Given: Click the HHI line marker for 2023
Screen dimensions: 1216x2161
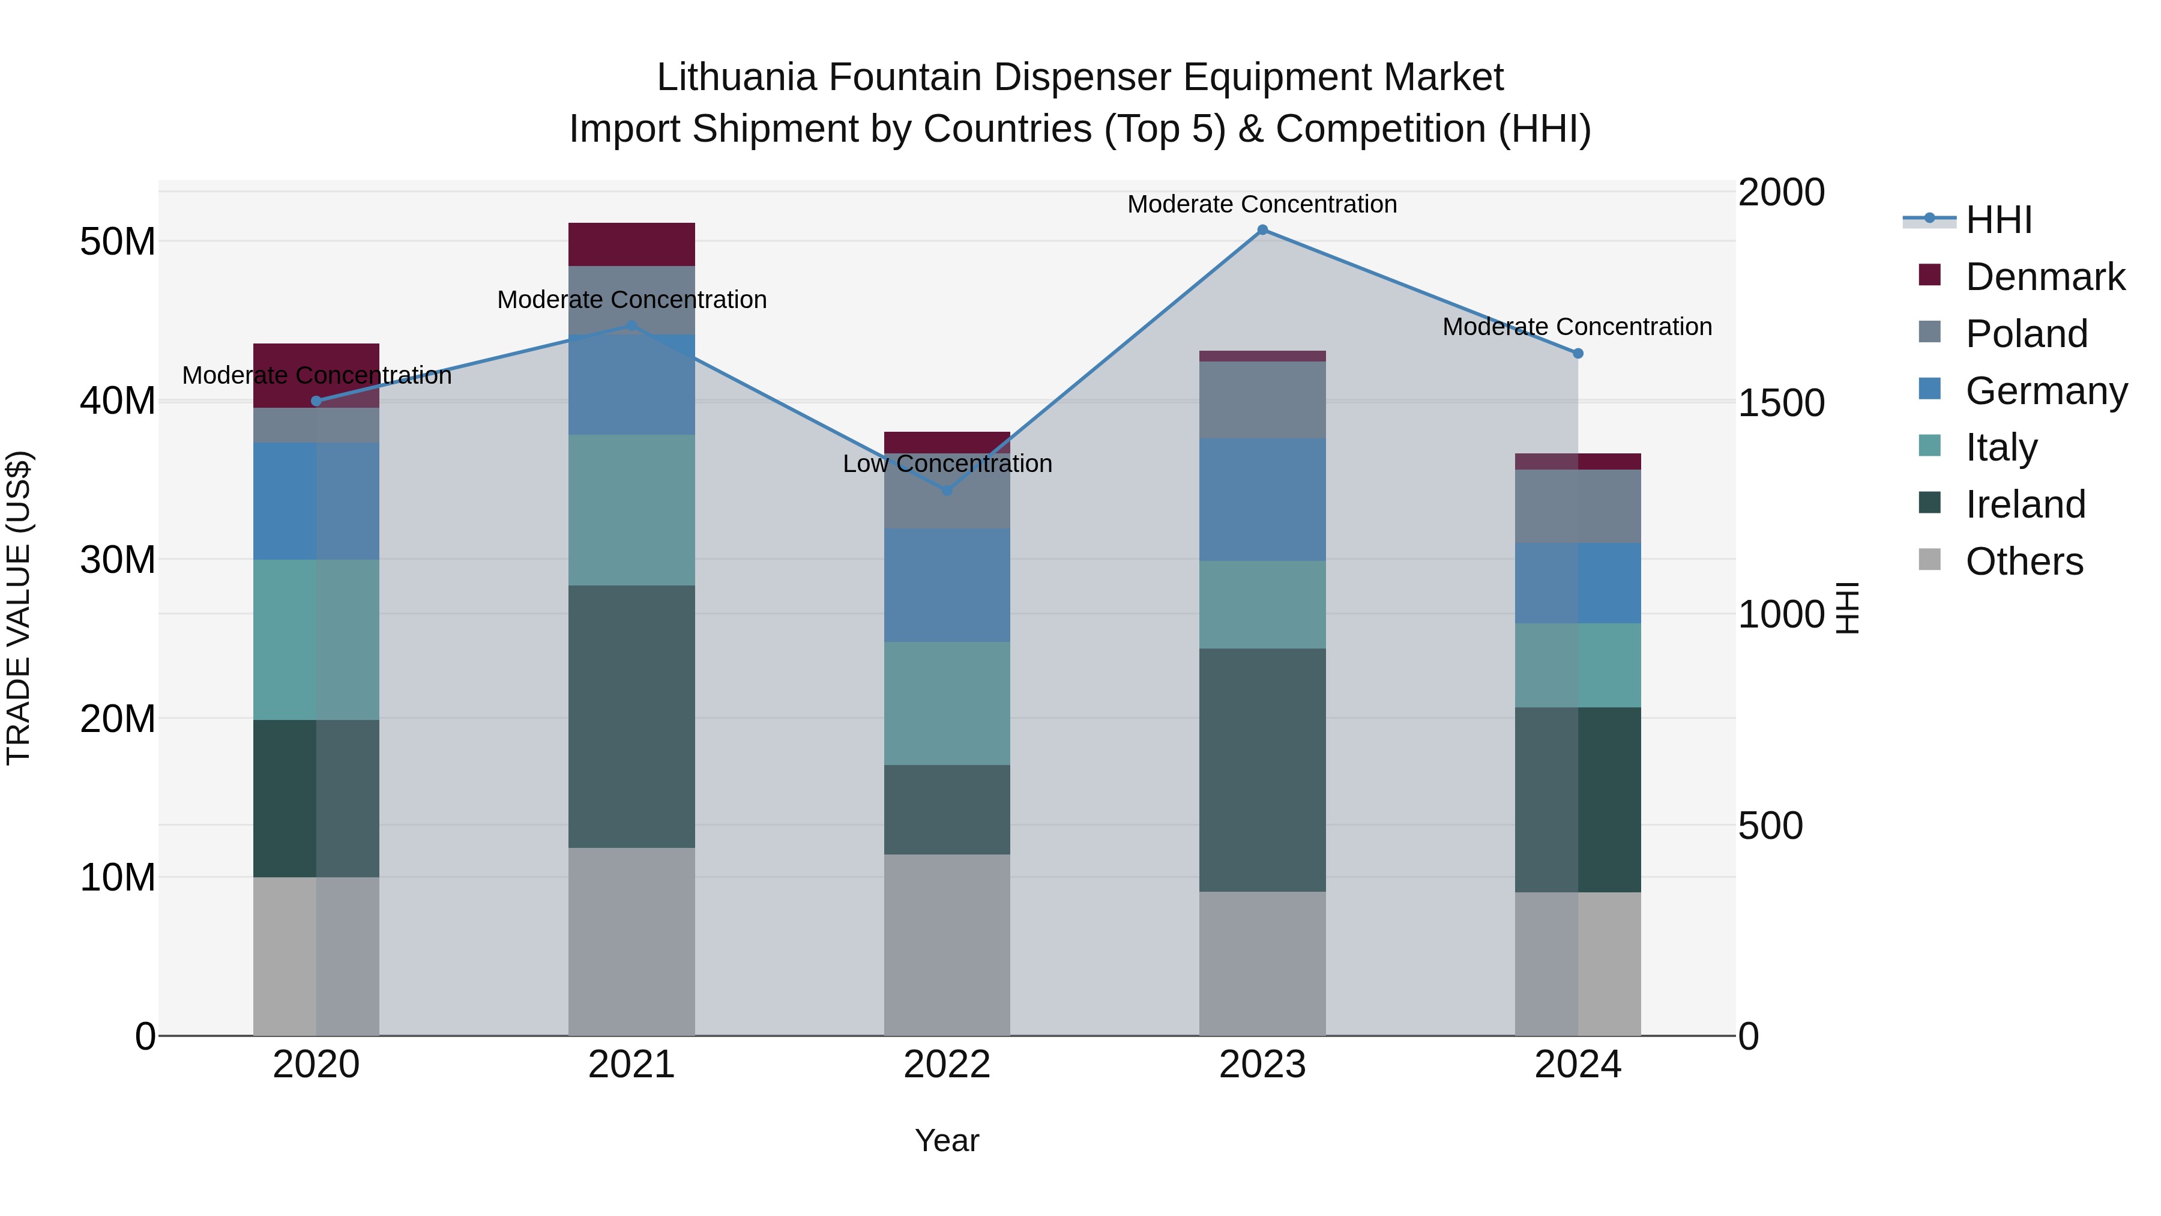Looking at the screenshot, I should pyautogui.click(x=1262, y=230).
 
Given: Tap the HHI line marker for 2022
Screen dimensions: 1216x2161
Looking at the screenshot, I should pyautogui.click(x=947, y=490).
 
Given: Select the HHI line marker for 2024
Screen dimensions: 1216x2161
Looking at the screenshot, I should pyautogui.click(x=1578, y=353).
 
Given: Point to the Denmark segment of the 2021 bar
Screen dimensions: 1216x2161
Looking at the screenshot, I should pyautogui.click(x=631, y=244).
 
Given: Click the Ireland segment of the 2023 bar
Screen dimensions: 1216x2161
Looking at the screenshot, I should pyautogui.click(x=1262, y=770).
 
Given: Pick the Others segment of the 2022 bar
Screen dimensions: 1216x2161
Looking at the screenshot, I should pyautogui.click(x=947, y=945).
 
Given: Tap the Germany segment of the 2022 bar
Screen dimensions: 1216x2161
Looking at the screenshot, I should pyautogui.click(x=947, y=585).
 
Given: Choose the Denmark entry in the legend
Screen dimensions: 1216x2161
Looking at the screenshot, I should pyautogui.click(x=2045, y=277).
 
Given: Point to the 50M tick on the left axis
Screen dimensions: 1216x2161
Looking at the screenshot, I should pyautogui.click(x=118, y=241).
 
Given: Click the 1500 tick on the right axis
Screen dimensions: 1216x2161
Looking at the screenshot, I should pyautogui.click(x=1781, y=403).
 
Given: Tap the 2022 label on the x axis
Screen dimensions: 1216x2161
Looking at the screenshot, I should pyautogui.click(x=947, y=1065).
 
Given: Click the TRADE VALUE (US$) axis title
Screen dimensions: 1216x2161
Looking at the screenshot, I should pyautogui.click(x=19, y=608).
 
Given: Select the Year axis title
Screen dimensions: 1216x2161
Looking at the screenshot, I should pyautogui.click(x=947, y=1140).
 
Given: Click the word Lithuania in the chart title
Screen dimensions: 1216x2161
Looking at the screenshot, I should pyautogui.click(x=736, y=77).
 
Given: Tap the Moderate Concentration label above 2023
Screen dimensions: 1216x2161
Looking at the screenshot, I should pyautogui.click(x=1262, y=204).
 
